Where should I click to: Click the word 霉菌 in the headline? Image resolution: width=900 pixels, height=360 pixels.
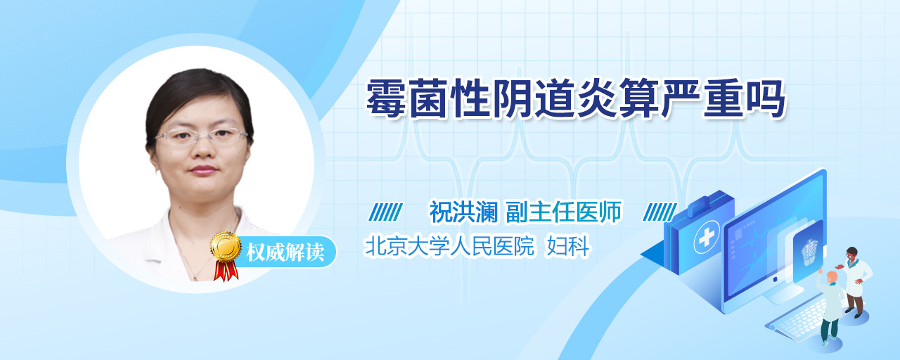tap(406, 99)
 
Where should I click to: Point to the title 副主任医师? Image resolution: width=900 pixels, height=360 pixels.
tap(564, 212)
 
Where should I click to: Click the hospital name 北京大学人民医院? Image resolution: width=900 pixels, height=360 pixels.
tap(449, 246)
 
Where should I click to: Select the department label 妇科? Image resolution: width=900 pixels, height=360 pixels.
tap(567, 246)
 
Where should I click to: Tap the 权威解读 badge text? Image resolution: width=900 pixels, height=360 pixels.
tap(285, 252)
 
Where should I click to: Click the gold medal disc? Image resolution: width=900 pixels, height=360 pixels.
tap(226, 246)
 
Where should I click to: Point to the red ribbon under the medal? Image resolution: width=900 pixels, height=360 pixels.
tap(226, 271)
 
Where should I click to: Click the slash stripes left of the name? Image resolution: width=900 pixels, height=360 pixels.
tap(386, 212)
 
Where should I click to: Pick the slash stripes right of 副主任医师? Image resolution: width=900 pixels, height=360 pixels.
tap(660, 212)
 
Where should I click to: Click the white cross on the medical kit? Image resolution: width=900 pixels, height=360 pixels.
tap(707, 237)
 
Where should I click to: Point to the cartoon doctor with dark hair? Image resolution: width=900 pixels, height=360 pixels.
tap(855, 282)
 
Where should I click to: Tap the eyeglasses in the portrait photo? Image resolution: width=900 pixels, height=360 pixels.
tap(201, 136)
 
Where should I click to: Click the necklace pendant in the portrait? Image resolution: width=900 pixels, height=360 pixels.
tap(195, 278)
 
